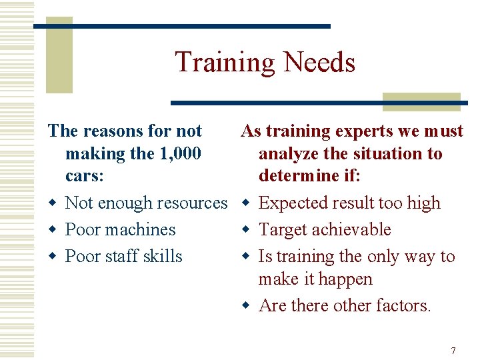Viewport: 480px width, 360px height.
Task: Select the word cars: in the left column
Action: pyautogui.click(x=85, y=177)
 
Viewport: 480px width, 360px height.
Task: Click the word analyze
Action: pyautogui.click(x=287, y=154)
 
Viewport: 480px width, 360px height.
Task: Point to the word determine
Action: pyautogui.click(x=299, y=177)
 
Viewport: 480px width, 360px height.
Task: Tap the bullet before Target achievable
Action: pyautogui.click(x=245, y=230)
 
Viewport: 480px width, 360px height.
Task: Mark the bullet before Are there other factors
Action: pyautogui.click(x=245, y=306)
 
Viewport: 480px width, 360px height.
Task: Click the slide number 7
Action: pyautogui.click(x=453, y=351)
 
